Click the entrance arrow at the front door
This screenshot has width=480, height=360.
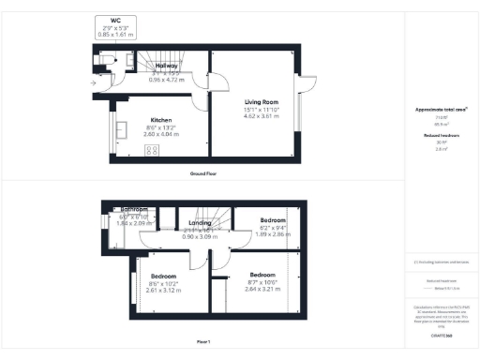pos(92,83)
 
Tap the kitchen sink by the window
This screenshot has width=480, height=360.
pos(122,129)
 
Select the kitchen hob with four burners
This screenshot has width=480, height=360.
pos(154,155)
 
